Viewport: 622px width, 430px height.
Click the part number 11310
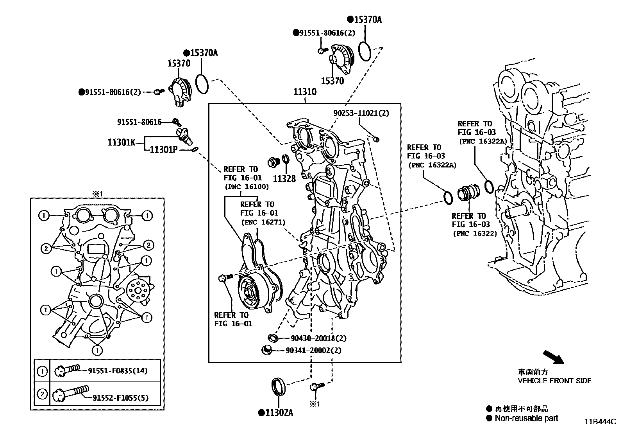(305, 92)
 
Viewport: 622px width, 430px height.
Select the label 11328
(284, 179)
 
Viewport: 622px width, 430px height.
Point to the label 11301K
(121, 142)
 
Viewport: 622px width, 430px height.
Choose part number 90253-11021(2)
(361, 113)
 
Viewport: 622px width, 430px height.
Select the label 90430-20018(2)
(318, 338)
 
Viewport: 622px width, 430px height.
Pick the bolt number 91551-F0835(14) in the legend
(117, 371)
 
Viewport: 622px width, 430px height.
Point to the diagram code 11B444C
(600, 422)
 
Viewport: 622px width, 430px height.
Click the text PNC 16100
(247, 187)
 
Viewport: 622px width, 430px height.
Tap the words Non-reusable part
(526, 418)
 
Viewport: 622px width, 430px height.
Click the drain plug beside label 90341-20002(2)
(267, 350)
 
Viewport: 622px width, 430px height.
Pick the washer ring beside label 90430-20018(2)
(273, 338)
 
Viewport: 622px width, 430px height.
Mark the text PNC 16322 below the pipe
(475, 234)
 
